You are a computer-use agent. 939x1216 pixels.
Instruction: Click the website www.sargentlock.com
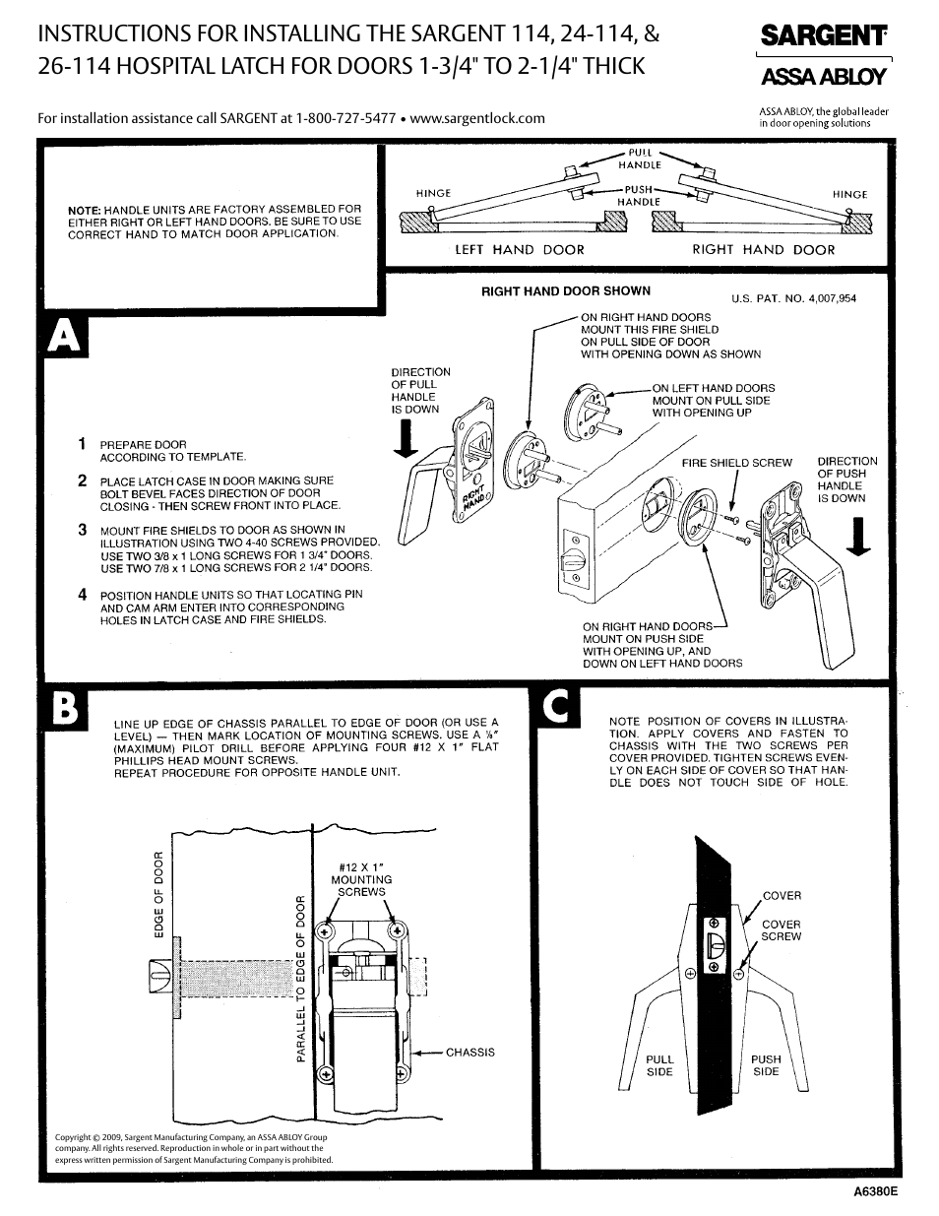477,118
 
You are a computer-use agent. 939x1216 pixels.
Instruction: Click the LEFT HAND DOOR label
519,250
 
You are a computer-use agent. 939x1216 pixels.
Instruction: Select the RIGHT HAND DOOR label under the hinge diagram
763,250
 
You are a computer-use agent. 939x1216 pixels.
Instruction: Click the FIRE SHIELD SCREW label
736,463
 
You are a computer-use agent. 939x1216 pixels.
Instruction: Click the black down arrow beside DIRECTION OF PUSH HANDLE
859,538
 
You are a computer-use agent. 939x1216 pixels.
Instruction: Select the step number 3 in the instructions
84,530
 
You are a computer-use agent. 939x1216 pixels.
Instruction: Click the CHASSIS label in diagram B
469,1053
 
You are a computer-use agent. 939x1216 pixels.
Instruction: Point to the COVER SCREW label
781,930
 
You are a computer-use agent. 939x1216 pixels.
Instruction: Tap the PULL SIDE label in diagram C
659,1065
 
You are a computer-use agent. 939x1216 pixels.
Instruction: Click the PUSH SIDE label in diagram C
766,1065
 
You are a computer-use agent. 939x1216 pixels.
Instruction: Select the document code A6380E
876,1189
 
